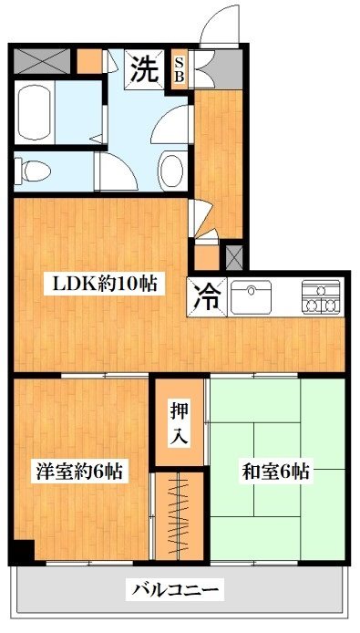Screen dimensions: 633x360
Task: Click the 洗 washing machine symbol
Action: click(x=143, y=68)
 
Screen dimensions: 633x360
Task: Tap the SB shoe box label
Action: click(x=180, y=69)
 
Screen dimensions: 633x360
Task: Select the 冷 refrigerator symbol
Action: click(x=209, y=296)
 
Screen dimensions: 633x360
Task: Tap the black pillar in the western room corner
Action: click(x=22, y=551)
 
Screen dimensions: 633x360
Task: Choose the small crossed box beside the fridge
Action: click(x=233, y=255)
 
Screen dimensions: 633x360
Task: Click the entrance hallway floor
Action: click(x=218, y=155)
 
